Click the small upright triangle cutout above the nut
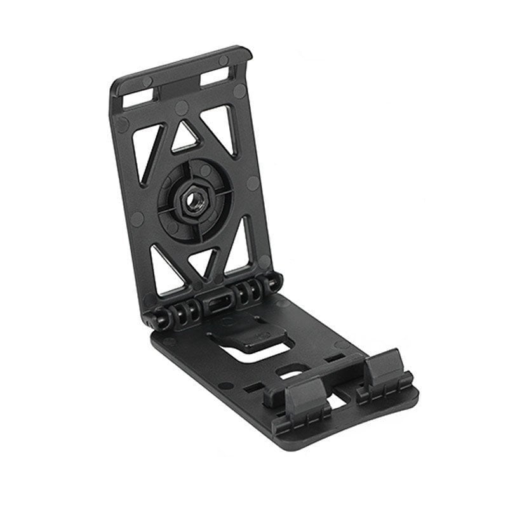(x=185, y=136)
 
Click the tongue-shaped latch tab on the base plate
(x=251, y=334)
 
